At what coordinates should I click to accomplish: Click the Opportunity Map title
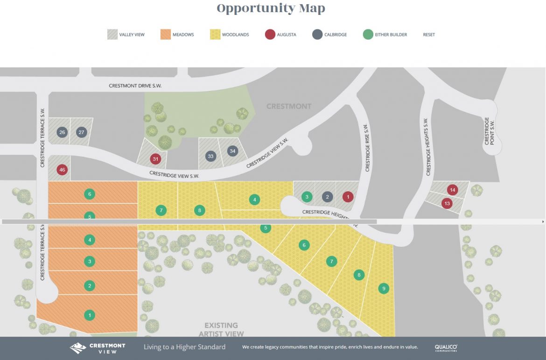(x=271, y=8)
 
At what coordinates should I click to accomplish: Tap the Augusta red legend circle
(x=270, y=35)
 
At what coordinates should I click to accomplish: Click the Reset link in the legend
(x=428, y=35)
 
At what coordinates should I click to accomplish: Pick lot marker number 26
(x=62, y=132)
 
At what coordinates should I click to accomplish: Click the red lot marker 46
(x=62, y=170)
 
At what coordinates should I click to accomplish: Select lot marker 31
(x=155, y=159)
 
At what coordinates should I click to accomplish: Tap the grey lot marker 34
(x=232, y=151)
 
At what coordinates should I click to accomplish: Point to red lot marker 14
(x=452, y=190)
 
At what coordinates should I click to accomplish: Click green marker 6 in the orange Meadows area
(x=90, y=194)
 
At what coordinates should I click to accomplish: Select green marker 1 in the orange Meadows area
(x=90, y=316)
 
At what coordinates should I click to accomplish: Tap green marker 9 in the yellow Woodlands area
(x=383, y=288)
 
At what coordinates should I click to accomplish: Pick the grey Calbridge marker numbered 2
(x=328, y=197)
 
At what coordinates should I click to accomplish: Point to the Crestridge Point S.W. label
(x=490, y=131)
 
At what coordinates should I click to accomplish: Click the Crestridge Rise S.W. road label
(x=367, y=148)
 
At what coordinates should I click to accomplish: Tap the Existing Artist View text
(x=221, y=329)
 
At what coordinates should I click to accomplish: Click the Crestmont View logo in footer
(x=98, y=348)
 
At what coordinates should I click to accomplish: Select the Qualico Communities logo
(x=446, y=348)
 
